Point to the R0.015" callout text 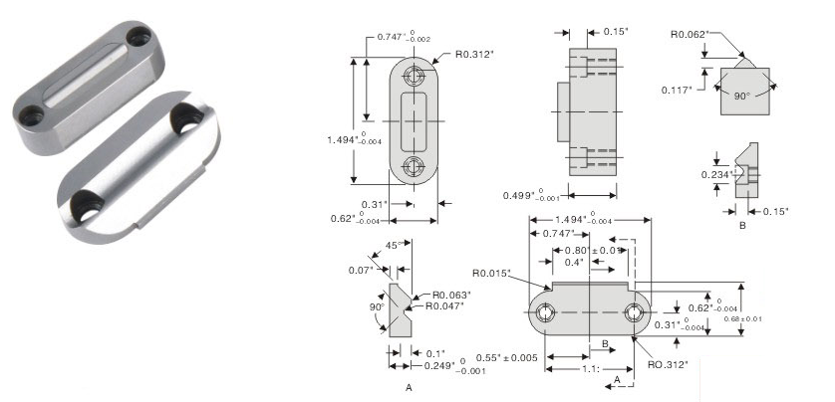490,273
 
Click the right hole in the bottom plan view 635,312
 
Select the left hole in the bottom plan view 545,312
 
